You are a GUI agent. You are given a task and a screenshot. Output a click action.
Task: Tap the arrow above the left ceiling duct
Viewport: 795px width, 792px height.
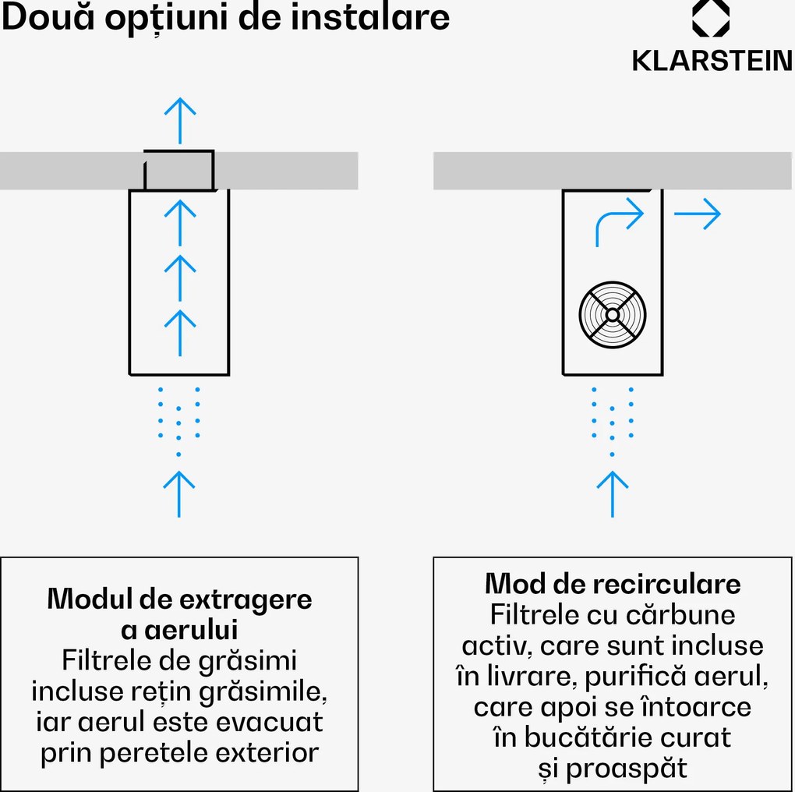[x=180, y=120]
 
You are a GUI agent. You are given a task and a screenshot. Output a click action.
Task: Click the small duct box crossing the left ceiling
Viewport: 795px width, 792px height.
[x=178, y=170]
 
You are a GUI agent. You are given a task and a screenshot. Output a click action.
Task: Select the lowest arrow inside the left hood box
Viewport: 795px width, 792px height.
[x=180, y=332]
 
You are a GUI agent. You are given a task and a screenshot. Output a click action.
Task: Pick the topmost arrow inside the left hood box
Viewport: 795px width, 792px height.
[x=180, y=222]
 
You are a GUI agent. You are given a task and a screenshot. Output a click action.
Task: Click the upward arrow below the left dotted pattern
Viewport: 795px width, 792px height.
[x=179, y=493]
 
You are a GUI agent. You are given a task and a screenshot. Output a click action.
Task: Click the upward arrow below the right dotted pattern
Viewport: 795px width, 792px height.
[x=613, y=493]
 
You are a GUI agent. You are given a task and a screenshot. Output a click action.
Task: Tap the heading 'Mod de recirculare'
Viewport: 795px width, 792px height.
[x=613, y=583]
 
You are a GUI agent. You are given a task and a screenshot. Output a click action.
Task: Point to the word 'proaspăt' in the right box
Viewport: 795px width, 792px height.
[x=627, y=769]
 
